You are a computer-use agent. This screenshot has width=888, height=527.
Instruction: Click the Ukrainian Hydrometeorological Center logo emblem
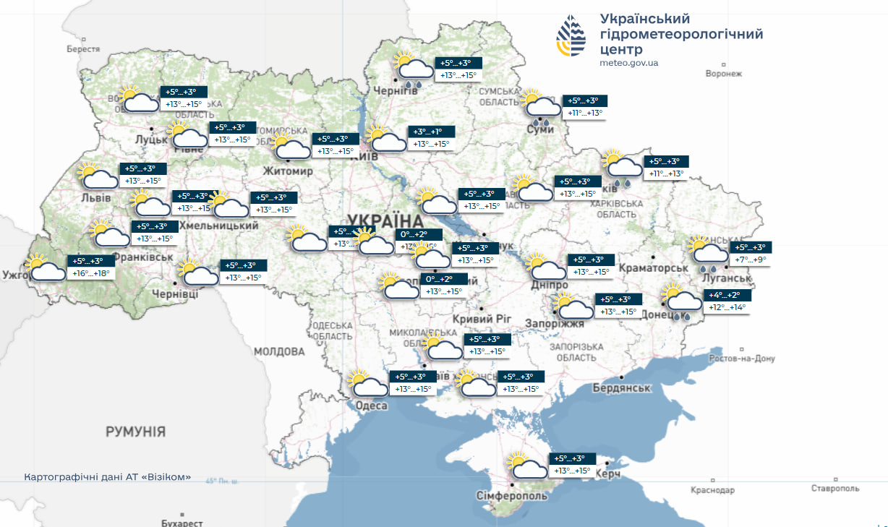pos(571,37)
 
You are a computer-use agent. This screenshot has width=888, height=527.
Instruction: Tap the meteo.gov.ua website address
pos(628,63)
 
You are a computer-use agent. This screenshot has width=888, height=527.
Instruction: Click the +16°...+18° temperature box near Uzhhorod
pos(92,274)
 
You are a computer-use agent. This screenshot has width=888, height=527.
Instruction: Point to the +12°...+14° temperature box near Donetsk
pos(727,308)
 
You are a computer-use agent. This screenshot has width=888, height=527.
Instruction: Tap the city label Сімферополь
pos(512,495)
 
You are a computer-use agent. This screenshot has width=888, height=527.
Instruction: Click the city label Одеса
pos(371,406)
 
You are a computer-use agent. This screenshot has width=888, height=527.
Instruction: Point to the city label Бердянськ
pos(622,387)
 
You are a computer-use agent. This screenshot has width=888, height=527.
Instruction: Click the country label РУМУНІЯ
pos(135,432)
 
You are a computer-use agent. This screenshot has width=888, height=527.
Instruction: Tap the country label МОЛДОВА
pos(279,351)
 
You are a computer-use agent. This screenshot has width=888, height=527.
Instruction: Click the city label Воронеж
pos(723,74)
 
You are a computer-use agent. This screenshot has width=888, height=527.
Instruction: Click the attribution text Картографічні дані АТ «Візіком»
pos(108,477)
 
